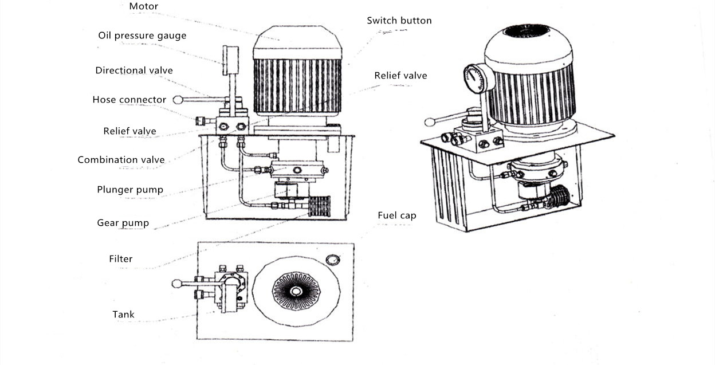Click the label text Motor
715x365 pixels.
pos(143,7)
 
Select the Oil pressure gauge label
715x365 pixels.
pos(142,36)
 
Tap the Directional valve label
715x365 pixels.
pos(134,70)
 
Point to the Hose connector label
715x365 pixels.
pos(129,100)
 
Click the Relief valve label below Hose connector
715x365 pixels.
pos(129,131)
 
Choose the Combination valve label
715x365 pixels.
pos(121,160)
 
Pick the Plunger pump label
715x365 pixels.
pos(130,190)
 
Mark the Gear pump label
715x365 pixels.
pos(123,222)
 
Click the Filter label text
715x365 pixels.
pos(121,259)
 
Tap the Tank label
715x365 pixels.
pos(123,315)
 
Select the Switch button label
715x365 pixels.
pos(399,21)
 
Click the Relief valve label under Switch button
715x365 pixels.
pos(400,76)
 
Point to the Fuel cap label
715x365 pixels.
pos(396,215)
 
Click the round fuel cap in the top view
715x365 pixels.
pos(332,260)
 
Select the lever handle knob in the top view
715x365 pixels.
pos(178,283)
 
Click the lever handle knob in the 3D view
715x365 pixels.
pos(430,121)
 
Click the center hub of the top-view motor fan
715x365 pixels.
pos(296,291)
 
